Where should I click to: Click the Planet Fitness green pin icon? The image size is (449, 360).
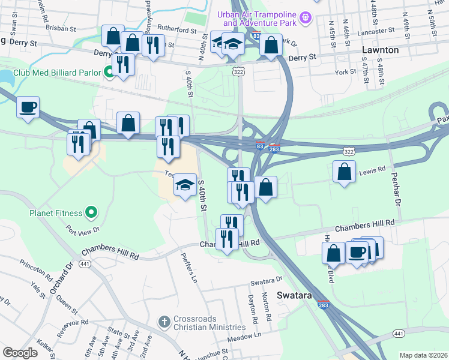tap(91, 212)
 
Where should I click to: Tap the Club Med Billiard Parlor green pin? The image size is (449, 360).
tap(110, 73)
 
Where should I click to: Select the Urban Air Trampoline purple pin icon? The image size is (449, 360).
tap(306, 17)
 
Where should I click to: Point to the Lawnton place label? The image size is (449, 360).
tap(381, 50)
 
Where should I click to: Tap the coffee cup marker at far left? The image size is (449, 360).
tap(28, 108)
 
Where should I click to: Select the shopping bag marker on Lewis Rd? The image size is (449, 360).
tap(345, 172)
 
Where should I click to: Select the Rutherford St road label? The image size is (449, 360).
tap(176, 29)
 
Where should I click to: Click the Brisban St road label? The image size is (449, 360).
tap(62, 28)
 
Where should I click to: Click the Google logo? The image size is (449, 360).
tap(20, 353)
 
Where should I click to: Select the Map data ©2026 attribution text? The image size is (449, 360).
tap(423, 355)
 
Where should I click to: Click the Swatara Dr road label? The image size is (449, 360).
tap(266, 280)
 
